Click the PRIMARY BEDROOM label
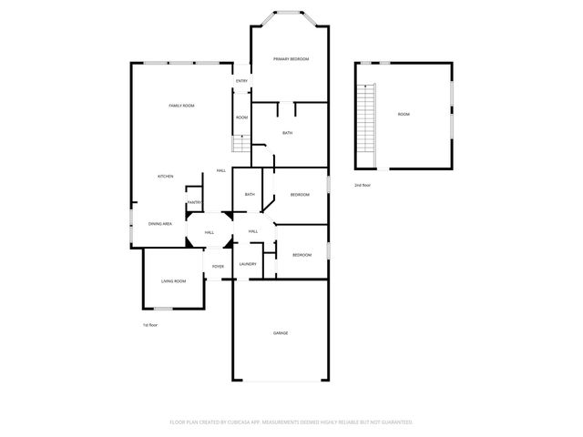(x=291, y=59)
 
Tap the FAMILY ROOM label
(x=182, y=107)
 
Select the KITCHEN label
(x=165, y=177)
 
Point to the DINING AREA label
(x=161, y=224)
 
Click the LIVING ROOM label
(x=174, y=281)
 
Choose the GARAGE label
(x=281, y=333)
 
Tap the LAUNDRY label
(x=247, y=265)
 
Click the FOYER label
(x=219, y=267)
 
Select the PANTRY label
(x=194, y=202)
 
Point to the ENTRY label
(x=241, y=82)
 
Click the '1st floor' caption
(x=150, y=325)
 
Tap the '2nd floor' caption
(x=363, y=185)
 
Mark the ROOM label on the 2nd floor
(x=404, y=115)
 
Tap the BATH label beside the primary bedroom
(x=287, y=134)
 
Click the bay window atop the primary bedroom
(x=291, y=15)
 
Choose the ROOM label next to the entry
(x=241, y=117)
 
